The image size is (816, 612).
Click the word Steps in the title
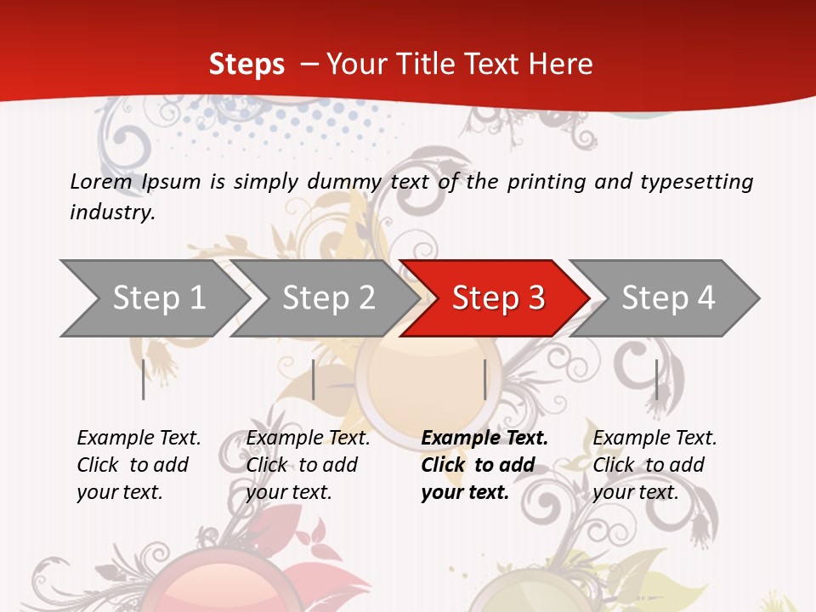(x=246, y=64)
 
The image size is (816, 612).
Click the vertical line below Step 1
(x=144, y=379)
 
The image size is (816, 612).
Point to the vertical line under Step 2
(x=314, y=379)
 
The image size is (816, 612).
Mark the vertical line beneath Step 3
(x=484, y=379)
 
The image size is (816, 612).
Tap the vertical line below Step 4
(x=656, y=379)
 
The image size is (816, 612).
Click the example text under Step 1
(x=139, y=465)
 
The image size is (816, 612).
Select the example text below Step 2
(x=308, y=465)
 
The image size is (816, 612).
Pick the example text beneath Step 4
(x=654, y=465)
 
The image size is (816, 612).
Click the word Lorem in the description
(x=100, y=181)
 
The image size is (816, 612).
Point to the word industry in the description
(x=112, y=212)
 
